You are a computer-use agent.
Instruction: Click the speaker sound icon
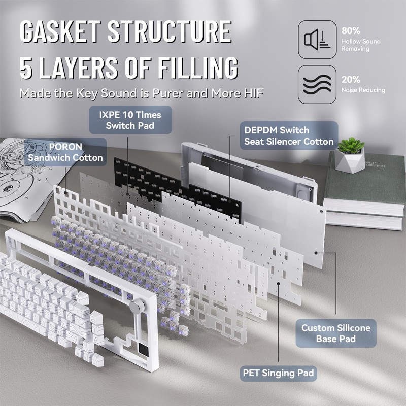317,40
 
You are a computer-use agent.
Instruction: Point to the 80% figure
351,30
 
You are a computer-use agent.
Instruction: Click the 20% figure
351,80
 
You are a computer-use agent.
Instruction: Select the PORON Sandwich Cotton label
65,152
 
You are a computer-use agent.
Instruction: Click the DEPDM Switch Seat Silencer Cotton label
289,136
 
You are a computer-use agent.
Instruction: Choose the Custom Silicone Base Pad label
336,333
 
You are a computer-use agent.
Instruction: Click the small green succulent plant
352,145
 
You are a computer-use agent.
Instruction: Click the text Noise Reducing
363,90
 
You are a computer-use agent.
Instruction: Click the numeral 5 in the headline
27,68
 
